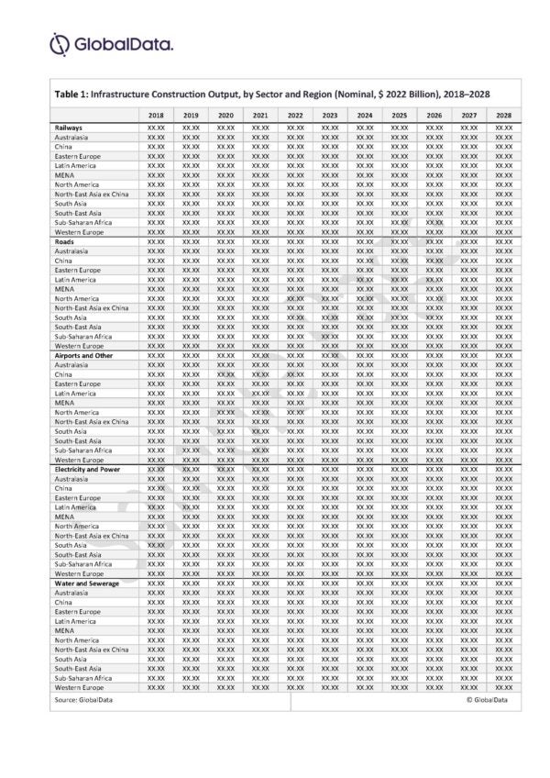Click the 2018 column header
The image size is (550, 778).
[x=155, y=115]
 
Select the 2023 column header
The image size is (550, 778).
[x=330, y=115]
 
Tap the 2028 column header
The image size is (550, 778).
[x=503, y=115]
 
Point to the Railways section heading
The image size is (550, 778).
[x=69, y=128]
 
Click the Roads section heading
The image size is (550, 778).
[x=64, y=241]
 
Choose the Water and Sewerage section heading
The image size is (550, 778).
[x=85, y=583]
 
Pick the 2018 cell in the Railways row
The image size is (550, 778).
[x=155, y=128]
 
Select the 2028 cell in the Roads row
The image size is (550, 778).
[x=503, y=241]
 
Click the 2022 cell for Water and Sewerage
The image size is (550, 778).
[x=295, y=583]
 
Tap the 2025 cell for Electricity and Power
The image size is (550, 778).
[x=399, y=469]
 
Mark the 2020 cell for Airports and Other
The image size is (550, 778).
[x=225, y=355]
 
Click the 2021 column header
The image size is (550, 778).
[x=260, y=115]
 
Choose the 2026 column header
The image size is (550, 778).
[x=434, y=115]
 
